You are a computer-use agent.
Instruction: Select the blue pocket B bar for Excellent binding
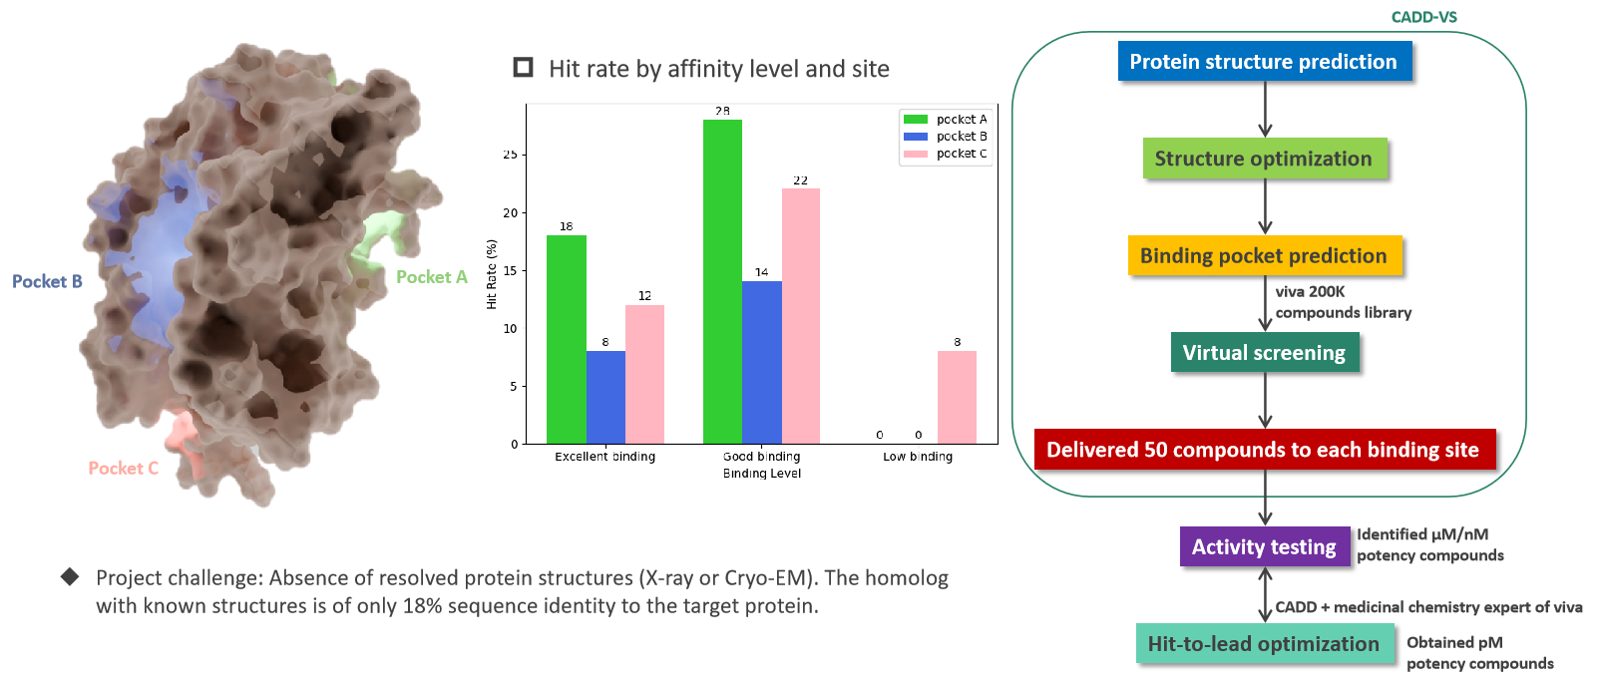[x=605, y=397]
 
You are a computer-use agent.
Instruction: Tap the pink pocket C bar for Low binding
[x=957, y=397]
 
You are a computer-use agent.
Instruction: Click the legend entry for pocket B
[x=945, y=137]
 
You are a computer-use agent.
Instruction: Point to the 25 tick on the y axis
[x=510, y=155]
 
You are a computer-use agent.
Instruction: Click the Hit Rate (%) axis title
[x=492, y=273]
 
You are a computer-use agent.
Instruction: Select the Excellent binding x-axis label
[x=604, y=457]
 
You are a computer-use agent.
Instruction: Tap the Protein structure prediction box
[x=1263, y=62]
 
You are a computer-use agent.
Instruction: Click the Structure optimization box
[x=1263, y=159]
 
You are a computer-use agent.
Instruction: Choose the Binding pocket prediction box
[x=1263, y=255]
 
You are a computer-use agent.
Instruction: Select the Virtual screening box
[x=1263, y=352]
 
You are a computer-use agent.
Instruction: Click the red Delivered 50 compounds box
[x=1263, y=450]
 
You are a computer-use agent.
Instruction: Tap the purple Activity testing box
[x=1263, y=546]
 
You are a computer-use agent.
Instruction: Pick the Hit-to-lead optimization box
[x=1263, y=643]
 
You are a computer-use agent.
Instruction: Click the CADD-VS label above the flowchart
[x=1423, y=17]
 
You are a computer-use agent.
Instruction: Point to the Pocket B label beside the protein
[x=47, y=281]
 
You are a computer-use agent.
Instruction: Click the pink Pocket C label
[x=123, y=468]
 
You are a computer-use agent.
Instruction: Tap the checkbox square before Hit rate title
[x=523, y=67]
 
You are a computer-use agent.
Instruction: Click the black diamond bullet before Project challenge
[x=70, y=576]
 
